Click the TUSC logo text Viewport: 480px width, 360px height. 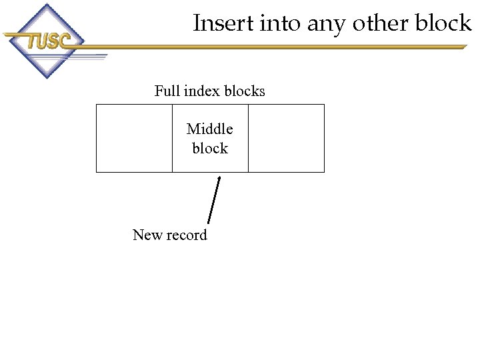(x=48, y=41)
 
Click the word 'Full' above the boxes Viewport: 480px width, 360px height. (x=166, y=91)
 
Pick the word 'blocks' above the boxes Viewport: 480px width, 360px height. (x=245, y=91)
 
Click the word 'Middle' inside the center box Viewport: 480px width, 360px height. (x=210, y=129)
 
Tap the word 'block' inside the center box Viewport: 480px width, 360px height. (x=210, y=148)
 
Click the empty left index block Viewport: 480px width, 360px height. (x=134, y=138)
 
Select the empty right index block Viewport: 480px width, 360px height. (x=286, y=138)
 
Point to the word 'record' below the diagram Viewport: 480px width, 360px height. (x=187, y=235)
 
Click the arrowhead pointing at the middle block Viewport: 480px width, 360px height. (x=219, y=179)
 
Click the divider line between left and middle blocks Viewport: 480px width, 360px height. (x=172, y=138)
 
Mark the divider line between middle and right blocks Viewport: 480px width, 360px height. (x=248, y=138)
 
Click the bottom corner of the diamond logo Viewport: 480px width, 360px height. (x=45, y=78)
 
